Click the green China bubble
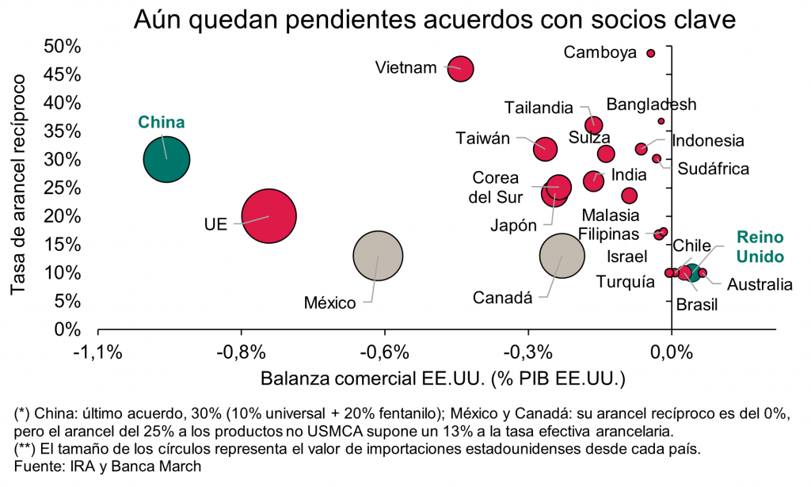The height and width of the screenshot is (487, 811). [166, 159]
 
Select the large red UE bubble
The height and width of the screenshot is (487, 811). [269, 216]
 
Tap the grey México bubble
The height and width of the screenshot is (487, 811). [378, 256]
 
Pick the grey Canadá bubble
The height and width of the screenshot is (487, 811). [562, 255]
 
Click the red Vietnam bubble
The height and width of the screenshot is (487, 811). [461, 69]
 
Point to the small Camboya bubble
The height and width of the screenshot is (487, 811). [651, 53]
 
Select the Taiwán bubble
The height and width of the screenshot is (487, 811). [545, 148]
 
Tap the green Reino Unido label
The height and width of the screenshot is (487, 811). [757, 246]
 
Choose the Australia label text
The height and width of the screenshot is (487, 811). [760, 285]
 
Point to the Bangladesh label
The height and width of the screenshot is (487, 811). [651, 105]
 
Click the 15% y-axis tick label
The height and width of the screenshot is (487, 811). [63, 244]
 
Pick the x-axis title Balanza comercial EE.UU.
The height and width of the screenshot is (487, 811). [442, 378]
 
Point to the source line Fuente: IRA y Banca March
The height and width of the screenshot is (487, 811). [109, 466]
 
